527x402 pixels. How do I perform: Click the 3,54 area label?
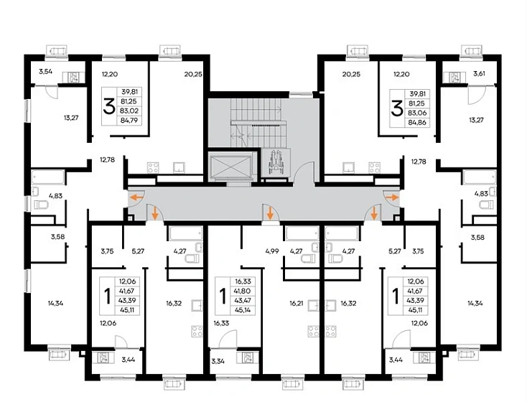[x=45, y=71]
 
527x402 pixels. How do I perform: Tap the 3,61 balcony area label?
[x=479, y=74]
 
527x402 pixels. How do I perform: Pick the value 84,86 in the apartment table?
[x=416, y=122]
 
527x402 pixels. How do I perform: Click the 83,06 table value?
[x=416, y=113]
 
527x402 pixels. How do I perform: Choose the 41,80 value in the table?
[x=243, y=291]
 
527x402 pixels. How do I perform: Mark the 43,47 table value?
[x=243, y=301]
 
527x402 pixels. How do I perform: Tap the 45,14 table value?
[x=243, y=310]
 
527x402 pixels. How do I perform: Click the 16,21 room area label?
[x=297, y=303]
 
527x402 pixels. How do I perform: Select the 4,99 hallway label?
[x=272, y=251]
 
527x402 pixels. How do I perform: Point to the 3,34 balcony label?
[x=218, y=361]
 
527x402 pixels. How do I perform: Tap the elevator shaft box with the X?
[x=230, y=166]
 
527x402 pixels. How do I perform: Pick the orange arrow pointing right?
[x=392, y=197]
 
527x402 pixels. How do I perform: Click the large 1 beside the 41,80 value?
[x=223, y=296]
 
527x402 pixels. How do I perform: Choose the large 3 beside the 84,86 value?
[x=397, y=109]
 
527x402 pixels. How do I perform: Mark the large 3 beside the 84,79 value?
[x=109, y=106]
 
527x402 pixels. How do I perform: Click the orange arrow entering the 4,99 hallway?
[x=270, y=212]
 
